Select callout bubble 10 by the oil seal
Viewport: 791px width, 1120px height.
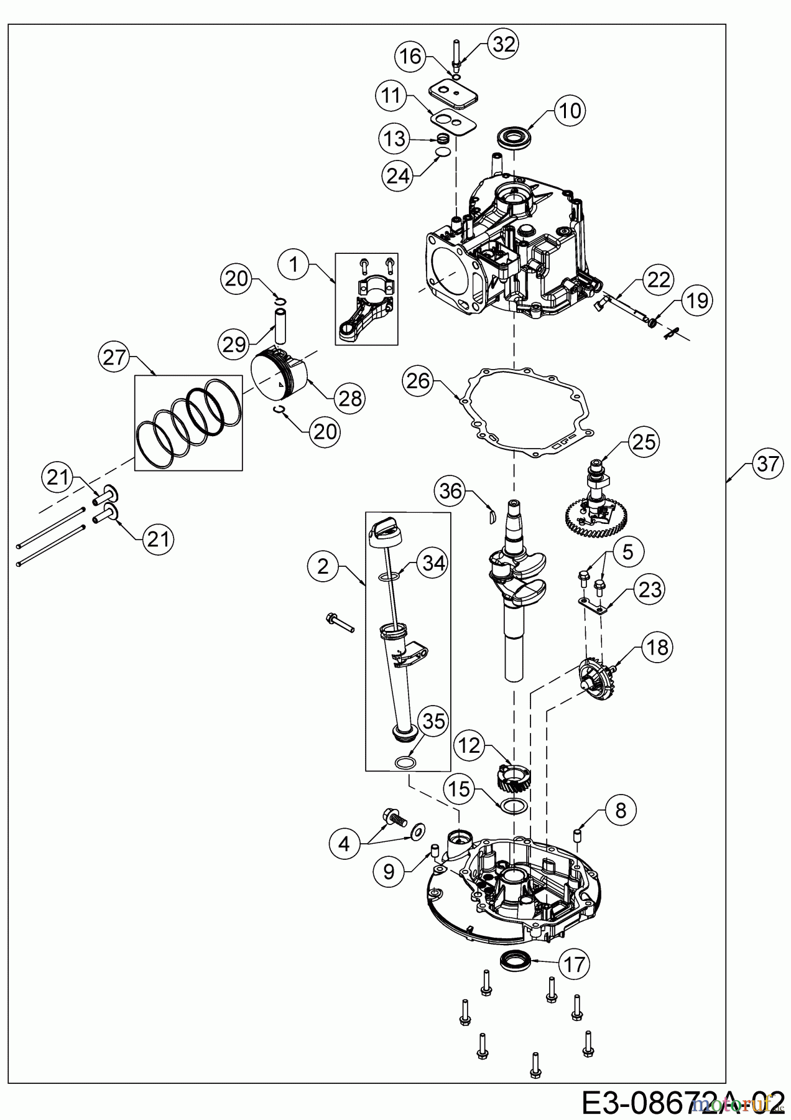570,111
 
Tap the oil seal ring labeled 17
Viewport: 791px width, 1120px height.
515,960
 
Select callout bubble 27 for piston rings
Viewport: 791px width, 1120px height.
116,358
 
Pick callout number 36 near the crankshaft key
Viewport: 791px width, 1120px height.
451,492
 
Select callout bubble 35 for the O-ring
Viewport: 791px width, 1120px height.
433,721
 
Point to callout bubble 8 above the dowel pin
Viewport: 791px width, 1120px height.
620,810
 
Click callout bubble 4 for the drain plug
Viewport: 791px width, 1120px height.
345,844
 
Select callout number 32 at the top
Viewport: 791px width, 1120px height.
504,44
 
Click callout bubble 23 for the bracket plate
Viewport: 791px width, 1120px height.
649,589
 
